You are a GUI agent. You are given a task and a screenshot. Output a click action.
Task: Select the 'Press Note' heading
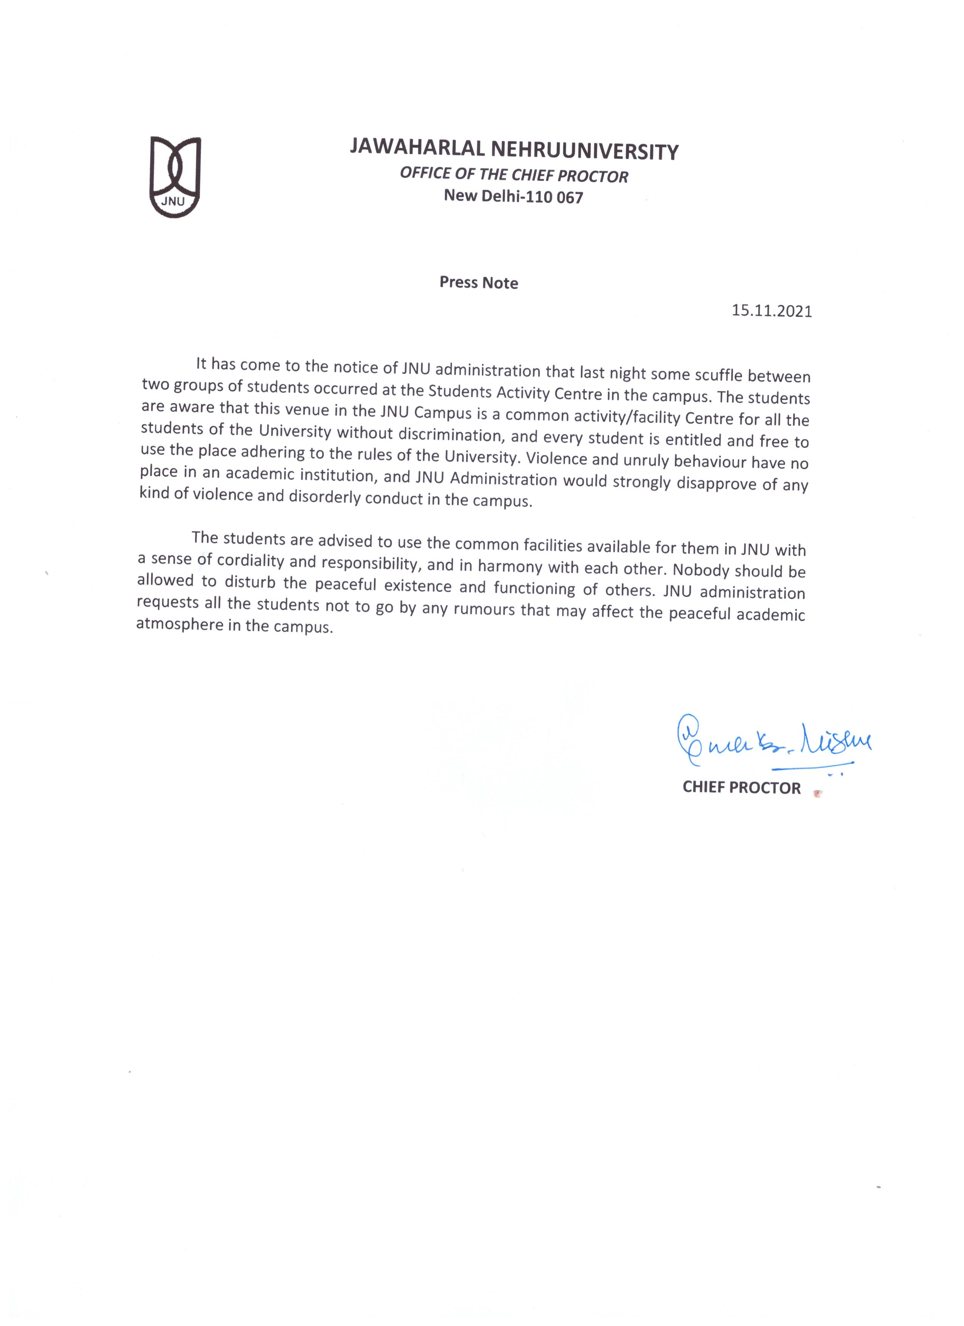[479, 283]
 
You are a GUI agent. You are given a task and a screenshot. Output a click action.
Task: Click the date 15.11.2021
[772, 311]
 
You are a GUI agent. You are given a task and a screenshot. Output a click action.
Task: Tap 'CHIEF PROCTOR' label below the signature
[741, 788]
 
